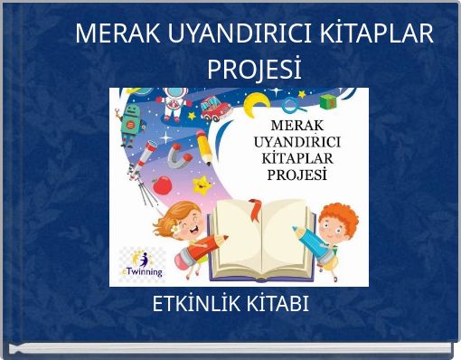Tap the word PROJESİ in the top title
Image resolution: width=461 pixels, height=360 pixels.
254,69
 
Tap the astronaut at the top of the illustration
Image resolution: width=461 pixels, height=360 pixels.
175,104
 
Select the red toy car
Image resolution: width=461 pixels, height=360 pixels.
213,108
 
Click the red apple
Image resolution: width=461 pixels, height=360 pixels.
163,185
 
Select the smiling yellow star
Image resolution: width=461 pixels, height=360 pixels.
203,186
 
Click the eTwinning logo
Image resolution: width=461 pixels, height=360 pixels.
143,262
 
